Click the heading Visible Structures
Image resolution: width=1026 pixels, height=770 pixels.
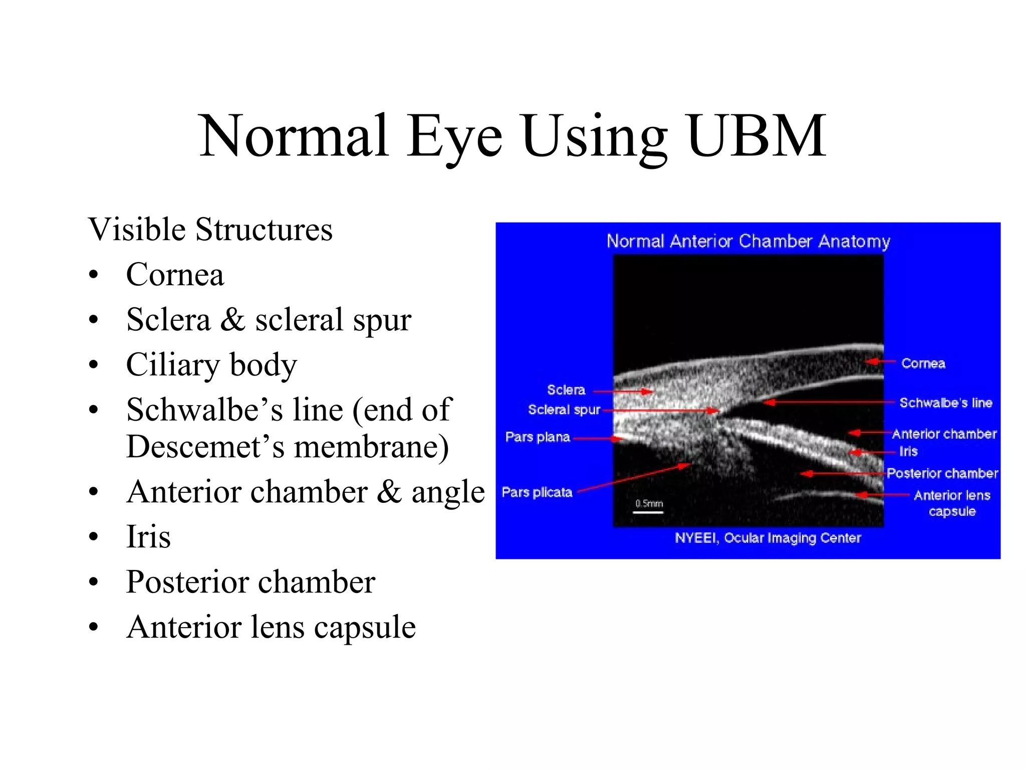click(x=210, y=230)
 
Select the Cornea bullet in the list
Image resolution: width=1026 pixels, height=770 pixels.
click(x=175, y=275)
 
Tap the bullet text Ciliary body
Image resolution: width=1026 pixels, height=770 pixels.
click(x=211, y=364)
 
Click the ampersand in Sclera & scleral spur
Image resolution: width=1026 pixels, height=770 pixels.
click(x=232, y=319)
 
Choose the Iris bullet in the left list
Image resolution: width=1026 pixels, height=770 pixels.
click(x=148, y=536)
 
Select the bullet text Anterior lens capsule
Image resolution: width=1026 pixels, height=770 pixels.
click(x=271, y=627)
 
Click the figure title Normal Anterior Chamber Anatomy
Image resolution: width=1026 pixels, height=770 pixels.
click(x=748, y=241)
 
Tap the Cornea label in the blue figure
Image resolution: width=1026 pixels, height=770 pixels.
click(x=923, y=363)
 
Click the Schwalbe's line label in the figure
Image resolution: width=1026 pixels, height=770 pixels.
click(x=945, y=403)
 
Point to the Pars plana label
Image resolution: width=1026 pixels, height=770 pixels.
click(x=538, y=437)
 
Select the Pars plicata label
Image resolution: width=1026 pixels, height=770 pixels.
click(x=537, y=492)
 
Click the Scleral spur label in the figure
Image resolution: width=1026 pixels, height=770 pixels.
click(x=564, y=410)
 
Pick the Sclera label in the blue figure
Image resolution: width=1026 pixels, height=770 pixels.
click(x=566, y=390)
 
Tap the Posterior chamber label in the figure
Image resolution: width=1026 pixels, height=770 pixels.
click(x=942, y=473)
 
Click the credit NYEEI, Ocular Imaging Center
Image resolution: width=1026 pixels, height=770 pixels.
click(x=767, y=538)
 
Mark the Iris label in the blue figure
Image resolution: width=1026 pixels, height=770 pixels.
click(x=908, y=451)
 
